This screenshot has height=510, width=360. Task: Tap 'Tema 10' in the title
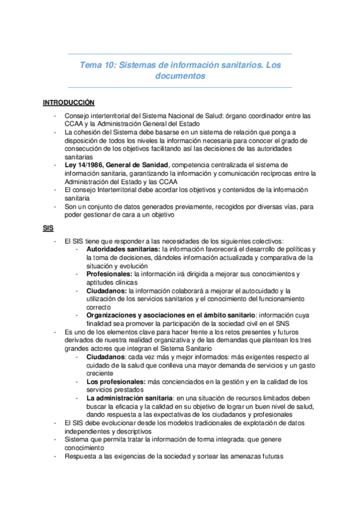(96, 64)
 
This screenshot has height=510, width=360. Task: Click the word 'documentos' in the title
(180, 76)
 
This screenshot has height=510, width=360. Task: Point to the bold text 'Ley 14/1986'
(84, 164)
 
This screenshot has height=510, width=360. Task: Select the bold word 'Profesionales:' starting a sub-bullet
(109, 274)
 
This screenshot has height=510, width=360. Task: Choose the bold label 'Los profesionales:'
(116, 381)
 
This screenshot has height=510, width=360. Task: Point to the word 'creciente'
(100, 373)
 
